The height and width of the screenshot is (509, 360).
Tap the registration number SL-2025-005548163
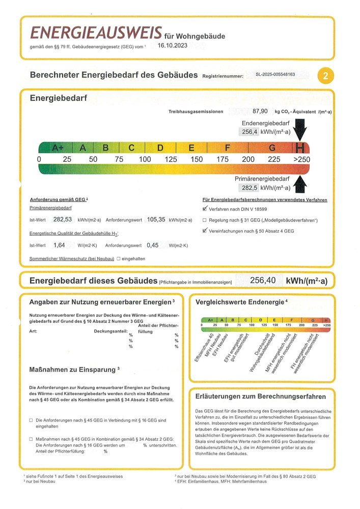[x=275, y=74]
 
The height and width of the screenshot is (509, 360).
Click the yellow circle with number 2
[x=325, y=76]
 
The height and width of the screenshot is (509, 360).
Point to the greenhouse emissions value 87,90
[x=260, y=111]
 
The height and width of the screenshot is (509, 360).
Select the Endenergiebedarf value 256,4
[x=249, y=132]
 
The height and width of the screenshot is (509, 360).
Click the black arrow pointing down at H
[x=300, y=130]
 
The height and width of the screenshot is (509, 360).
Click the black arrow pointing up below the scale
[x=300, y=183]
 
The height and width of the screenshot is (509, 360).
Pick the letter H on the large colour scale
[x=300, y=148]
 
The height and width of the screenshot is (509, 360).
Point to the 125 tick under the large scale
[x=171, y=159]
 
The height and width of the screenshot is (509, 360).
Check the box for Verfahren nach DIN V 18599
[x=205, y=209]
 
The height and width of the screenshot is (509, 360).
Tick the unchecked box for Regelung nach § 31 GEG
[x=205, y=220]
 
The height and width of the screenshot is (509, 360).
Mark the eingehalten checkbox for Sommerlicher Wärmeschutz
[x=118, y=259]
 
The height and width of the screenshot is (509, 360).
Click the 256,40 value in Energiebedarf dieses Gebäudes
[x=263, y=280]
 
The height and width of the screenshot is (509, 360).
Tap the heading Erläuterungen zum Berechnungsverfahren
[x=261, y=396]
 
